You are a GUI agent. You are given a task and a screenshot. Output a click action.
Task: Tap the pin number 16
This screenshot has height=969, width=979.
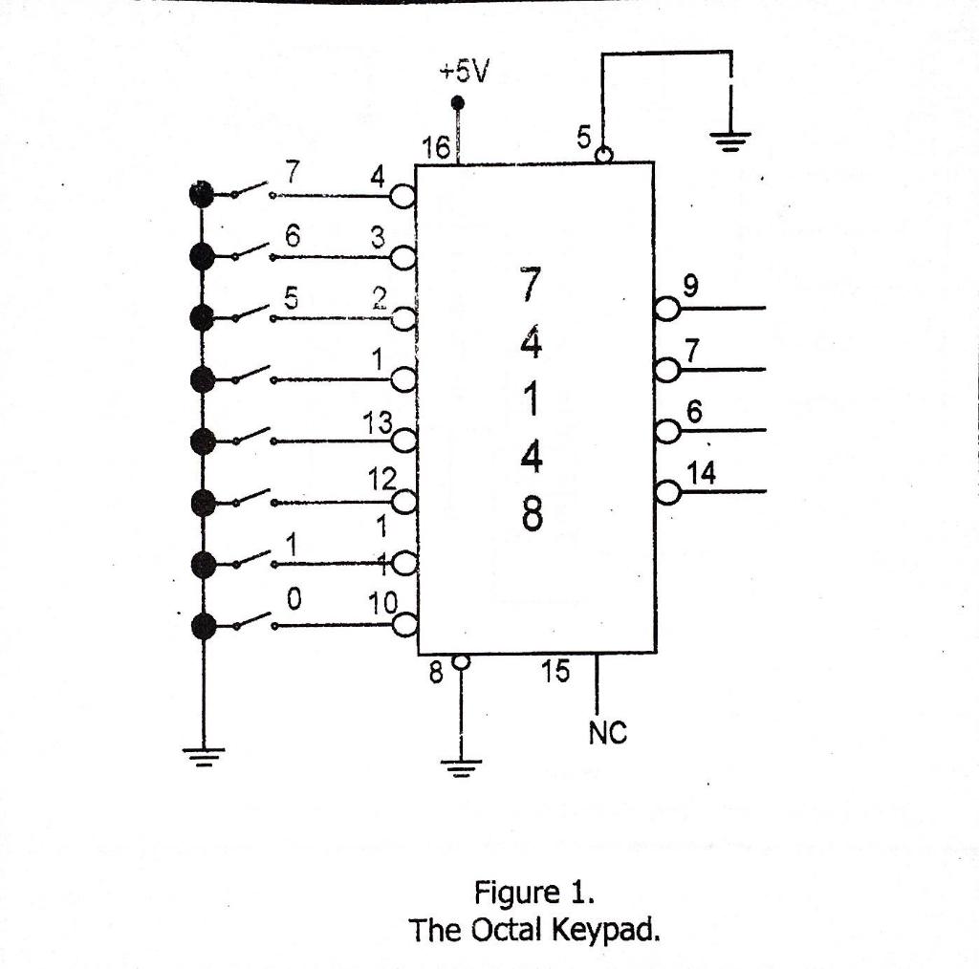436,149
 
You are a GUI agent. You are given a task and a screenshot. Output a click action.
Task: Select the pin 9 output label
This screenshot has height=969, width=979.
691,284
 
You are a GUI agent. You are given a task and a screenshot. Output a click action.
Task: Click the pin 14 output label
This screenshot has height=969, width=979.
702,472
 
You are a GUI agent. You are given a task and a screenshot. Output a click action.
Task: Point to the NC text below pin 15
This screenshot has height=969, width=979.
607,733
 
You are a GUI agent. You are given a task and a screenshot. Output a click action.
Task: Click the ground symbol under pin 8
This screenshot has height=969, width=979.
462,765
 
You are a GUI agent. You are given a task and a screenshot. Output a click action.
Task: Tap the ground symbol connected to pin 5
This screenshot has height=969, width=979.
729,140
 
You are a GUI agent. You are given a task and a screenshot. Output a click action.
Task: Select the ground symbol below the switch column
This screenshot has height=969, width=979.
203,754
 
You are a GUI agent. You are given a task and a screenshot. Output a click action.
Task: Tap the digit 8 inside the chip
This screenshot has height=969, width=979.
532,517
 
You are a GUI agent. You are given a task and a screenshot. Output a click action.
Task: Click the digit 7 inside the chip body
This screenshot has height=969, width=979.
531,284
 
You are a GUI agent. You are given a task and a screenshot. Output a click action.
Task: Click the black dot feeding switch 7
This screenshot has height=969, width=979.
202,195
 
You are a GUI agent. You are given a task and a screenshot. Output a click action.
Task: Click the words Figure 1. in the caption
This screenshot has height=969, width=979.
534,894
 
